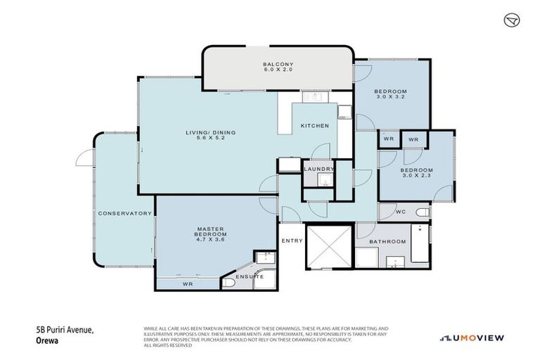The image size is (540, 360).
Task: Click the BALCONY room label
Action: [277, 63]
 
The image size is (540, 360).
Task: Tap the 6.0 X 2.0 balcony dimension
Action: [277, 70]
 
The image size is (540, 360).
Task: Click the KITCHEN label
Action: [314, 126]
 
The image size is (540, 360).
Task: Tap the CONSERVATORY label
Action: [125, 213]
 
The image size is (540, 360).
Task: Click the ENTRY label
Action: [292, 241]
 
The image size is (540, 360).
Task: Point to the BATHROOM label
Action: [389, 241]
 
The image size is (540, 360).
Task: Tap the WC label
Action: [400, 211]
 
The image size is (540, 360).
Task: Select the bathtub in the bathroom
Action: [420, 245]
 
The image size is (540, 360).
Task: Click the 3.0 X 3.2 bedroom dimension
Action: [391, 97]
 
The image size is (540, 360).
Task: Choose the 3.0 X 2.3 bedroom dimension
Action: [416, 176]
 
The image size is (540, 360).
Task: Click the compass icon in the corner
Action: [512, 20]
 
